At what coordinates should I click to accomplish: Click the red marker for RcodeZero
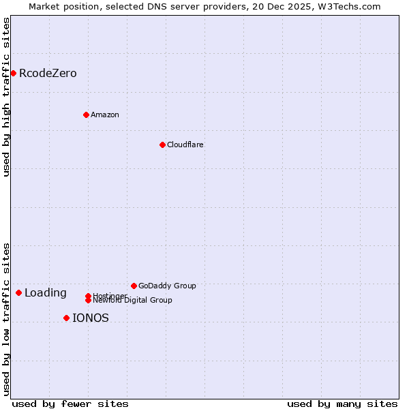point(13,73)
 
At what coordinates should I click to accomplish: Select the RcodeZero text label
point(48,73)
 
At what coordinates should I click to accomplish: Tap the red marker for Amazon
point(86,115)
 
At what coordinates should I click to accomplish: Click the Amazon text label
point(105,115)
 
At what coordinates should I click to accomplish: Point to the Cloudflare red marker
point(162,145)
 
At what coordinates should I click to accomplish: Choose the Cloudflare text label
point(185,145)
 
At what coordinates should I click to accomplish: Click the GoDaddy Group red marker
point(134,286)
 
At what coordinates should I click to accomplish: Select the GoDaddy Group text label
point(167,286)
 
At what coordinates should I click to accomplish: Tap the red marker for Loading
point(18,292)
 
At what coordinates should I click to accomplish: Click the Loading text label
point(46,293)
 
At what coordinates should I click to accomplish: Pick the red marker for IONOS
point(66,318)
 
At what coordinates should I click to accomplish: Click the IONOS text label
point(91,318)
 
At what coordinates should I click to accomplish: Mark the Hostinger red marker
point(88,296)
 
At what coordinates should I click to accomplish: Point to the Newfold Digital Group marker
point(88,300)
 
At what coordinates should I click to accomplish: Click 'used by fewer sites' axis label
point(70,404)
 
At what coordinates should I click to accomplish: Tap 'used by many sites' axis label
point(342,404)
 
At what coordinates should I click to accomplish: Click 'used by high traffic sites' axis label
point(6,97)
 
